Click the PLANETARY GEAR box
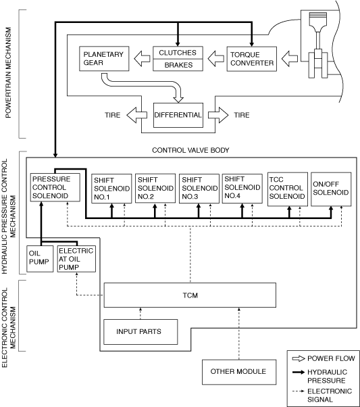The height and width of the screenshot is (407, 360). (104, 59)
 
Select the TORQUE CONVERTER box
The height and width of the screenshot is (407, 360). (251, 59)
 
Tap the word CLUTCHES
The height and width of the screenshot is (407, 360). (178, 53)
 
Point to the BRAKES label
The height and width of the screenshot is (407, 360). (178, 65)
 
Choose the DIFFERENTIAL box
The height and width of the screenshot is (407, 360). (178, 115)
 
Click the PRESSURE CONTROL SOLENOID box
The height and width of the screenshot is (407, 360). (55, 187)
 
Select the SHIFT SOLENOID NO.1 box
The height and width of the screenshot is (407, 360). (112, 189)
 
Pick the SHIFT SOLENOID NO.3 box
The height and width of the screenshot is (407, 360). (199, 189)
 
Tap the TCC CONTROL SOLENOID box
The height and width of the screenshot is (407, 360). (288, 189)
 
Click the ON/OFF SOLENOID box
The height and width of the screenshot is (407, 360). (331, 189)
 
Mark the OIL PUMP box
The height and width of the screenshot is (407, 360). (40, 259)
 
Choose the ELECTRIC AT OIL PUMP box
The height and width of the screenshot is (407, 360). (76, 259)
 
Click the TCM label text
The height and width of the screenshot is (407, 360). (190, 295)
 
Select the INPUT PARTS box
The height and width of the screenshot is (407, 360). (140, 332)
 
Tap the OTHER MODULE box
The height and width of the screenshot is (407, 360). (239, 372)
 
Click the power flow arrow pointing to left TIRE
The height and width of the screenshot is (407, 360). (136, 115)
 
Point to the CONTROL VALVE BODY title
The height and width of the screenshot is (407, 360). (190, 150)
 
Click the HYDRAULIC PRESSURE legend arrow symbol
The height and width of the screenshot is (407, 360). (299, 373)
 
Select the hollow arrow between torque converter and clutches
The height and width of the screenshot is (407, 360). (215, 59)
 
